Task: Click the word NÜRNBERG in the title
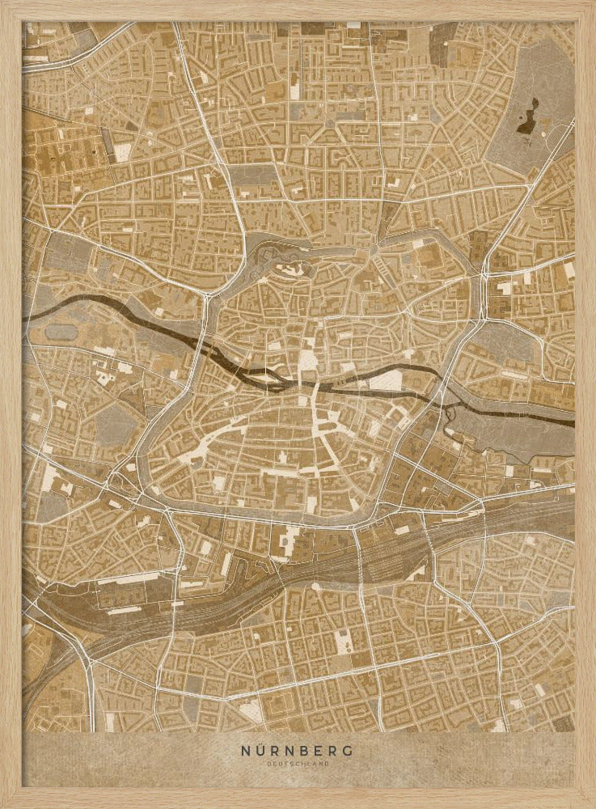click(x=297, y=751)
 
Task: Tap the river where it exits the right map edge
click(x=571, y=421)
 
